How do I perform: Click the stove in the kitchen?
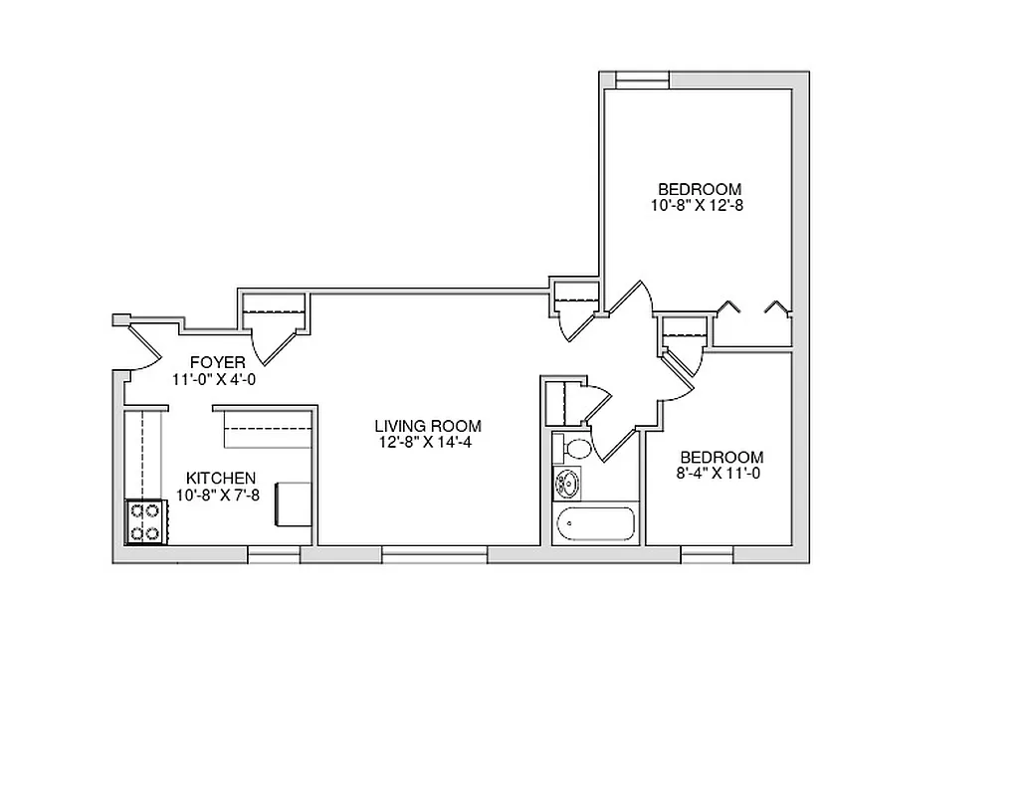point(145,522)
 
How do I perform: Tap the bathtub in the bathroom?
point(596,523)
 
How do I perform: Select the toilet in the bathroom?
point(573,447)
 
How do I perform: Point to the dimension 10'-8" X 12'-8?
point(699,205)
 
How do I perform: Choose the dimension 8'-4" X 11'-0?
point(719,474)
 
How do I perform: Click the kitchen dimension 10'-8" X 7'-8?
point(218,495)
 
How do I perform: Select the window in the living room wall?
point(434,554)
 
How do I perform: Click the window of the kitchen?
point(274,554)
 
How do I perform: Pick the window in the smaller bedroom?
point(707,554)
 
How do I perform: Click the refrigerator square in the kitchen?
point(294,503)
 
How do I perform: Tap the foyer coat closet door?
point(275,337)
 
